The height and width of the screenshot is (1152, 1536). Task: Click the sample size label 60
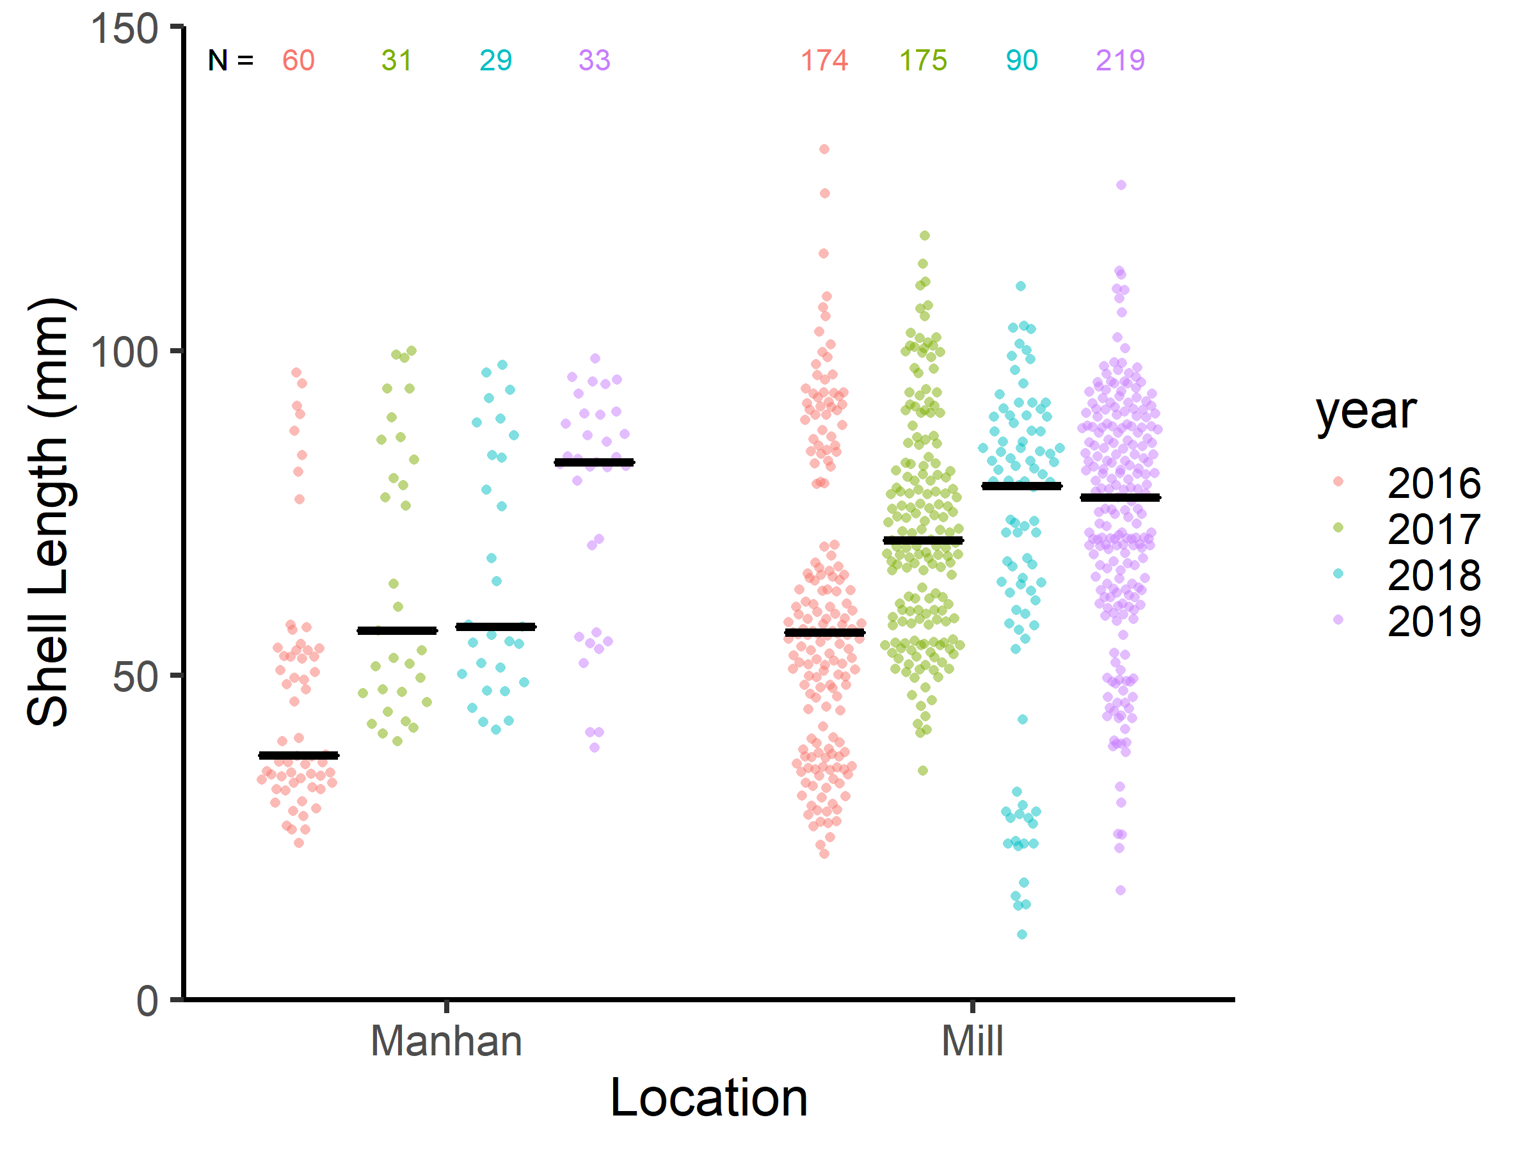299,60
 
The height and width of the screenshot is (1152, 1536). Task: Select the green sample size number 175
923,60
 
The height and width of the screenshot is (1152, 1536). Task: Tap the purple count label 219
1120,60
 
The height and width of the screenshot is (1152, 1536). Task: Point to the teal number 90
1021,60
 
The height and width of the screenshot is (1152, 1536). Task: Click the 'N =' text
230,60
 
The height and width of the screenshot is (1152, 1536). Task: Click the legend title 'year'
1366,411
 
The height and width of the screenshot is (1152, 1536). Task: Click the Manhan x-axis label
446,1041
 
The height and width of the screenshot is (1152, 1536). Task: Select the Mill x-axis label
972,1041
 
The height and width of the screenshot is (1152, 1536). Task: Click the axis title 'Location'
708,1098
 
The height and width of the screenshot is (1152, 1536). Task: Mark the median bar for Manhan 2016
299,755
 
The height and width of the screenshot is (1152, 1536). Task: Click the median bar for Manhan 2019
595,463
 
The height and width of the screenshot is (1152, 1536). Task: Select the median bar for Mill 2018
1021,486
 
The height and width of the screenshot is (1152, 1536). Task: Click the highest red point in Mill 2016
824,149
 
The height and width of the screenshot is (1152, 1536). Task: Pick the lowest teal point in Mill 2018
1021,934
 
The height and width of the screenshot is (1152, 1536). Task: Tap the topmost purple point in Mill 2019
1121,186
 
